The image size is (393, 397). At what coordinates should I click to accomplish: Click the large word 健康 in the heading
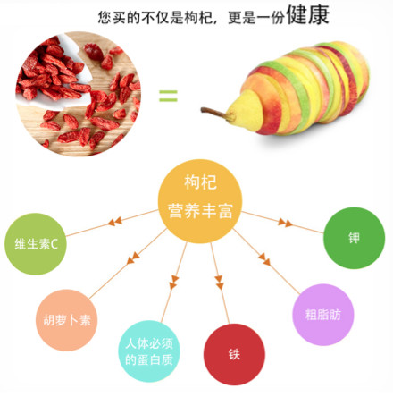click(x=307, y=14)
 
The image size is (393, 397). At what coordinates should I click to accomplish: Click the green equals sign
click(x=168, y=96)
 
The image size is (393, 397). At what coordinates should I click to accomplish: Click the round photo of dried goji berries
click(x=78, y=94)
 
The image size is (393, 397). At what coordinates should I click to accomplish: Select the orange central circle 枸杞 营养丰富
click(x=200, y=201)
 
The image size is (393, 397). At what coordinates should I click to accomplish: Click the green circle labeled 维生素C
click(x=36, y=244)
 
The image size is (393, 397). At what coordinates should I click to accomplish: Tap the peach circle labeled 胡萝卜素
click(x=67, y=320)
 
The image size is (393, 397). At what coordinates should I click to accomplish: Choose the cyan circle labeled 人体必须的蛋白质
click(x=149, y=351)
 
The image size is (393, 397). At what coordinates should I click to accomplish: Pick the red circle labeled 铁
click(x=234, y=354)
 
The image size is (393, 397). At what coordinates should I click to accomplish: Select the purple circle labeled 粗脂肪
click(x=323, y=315)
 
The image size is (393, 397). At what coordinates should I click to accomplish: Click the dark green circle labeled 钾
click(x=354, y=238)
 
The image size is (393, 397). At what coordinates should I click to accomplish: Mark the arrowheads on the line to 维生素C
click(x=115, y=222)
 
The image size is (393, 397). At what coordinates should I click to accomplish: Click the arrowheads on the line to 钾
click(x=285, y=223)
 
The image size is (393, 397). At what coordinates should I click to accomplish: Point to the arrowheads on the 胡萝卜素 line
click(x=133, y=258)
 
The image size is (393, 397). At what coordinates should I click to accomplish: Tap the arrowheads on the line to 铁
click(x=219, y=283)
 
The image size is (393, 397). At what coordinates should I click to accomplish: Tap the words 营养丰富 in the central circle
click(x=200, y=211)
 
